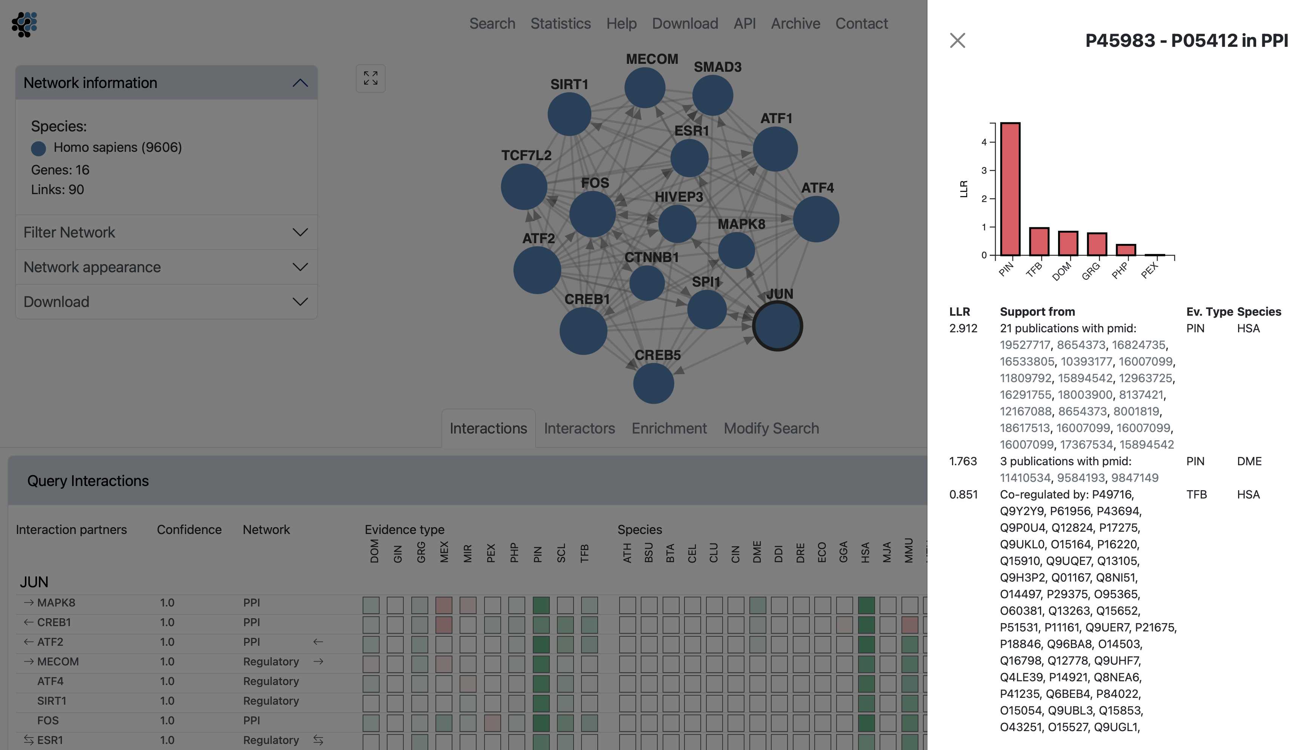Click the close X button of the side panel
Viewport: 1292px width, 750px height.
(x=957, y=40)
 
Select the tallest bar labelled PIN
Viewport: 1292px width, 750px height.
(x=1010, y=189)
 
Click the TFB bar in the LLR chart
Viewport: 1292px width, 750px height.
(x=1039, y=241)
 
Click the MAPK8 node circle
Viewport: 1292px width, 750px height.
(x=736, y=250)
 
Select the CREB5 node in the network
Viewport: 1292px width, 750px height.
(x=653, y=383)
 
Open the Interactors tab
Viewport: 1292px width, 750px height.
(x=579, y=428)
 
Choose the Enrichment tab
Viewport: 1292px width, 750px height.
(x=669, y=428)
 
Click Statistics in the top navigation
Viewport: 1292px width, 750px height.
(x=560, y=23)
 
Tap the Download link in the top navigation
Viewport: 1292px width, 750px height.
(x=685, y=23)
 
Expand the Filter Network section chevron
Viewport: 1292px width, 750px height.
(x=300, y=232)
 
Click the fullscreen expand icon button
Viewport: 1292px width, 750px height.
(x=371, y=79)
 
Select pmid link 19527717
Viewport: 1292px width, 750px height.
(x=1025, y=345)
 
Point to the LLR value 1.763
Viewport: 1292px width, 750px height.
(x=963, y=461)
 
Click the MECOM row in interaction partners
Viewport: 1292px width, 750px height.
(x=58, y=662)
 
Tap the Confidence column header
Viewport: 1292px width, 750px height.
(x=189, y=529)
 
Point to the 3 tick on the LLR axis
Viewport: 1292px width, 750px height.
(x=983, y=170)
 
